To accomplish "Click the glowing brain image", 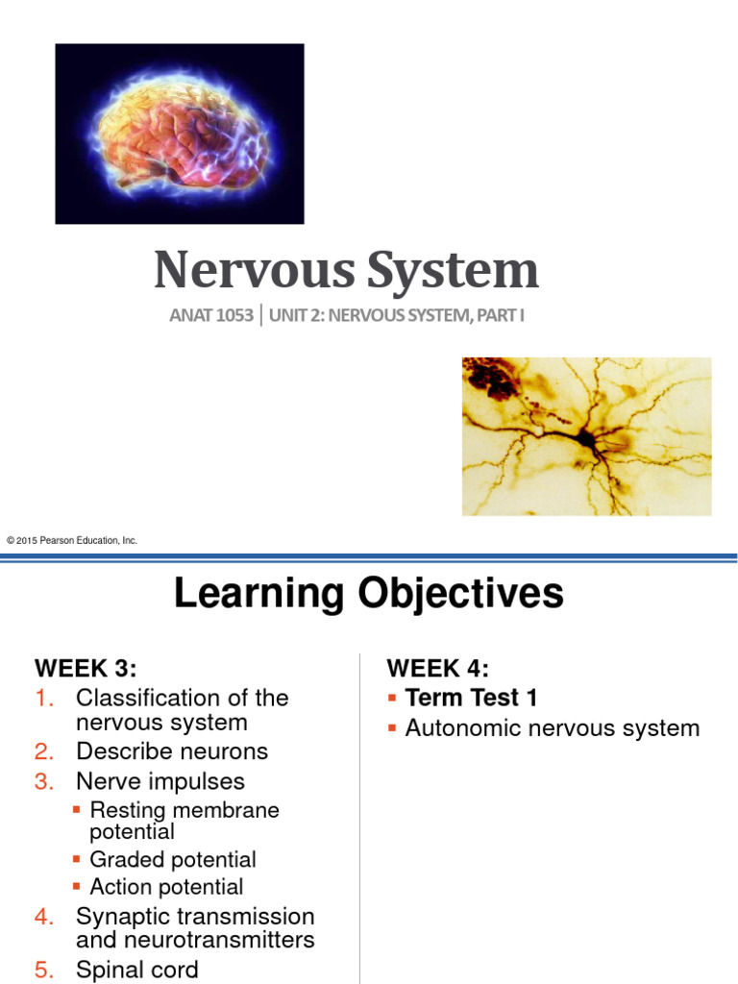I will [180, 134].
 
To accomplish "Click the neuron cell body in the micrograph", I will [583, 438].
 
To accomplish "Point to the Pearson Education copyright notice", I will [72, 541].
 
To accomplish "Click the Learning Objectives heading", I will [368, 594].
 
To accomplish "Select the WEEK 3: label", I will [92, 668].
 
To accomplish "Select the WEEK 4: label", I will [438, 668].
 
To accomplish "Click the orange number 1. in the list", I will [45, 698].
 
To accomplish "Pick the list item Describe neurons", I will [172, 751].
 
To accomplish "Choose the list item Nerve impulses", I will [160, 781].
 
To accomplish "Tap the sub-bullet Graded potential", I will [173, 860].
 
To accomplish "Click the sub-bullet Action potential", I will [166, 887].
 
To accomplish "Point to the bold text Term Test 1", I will [471, 698].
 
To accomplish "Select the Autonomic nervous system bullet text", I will [553, 728].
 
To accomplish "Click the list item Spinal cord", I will [137, 970].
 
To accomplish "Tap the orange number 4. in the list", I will [45, 917].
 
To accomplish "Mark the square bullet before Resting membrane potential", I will [78, 811].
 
